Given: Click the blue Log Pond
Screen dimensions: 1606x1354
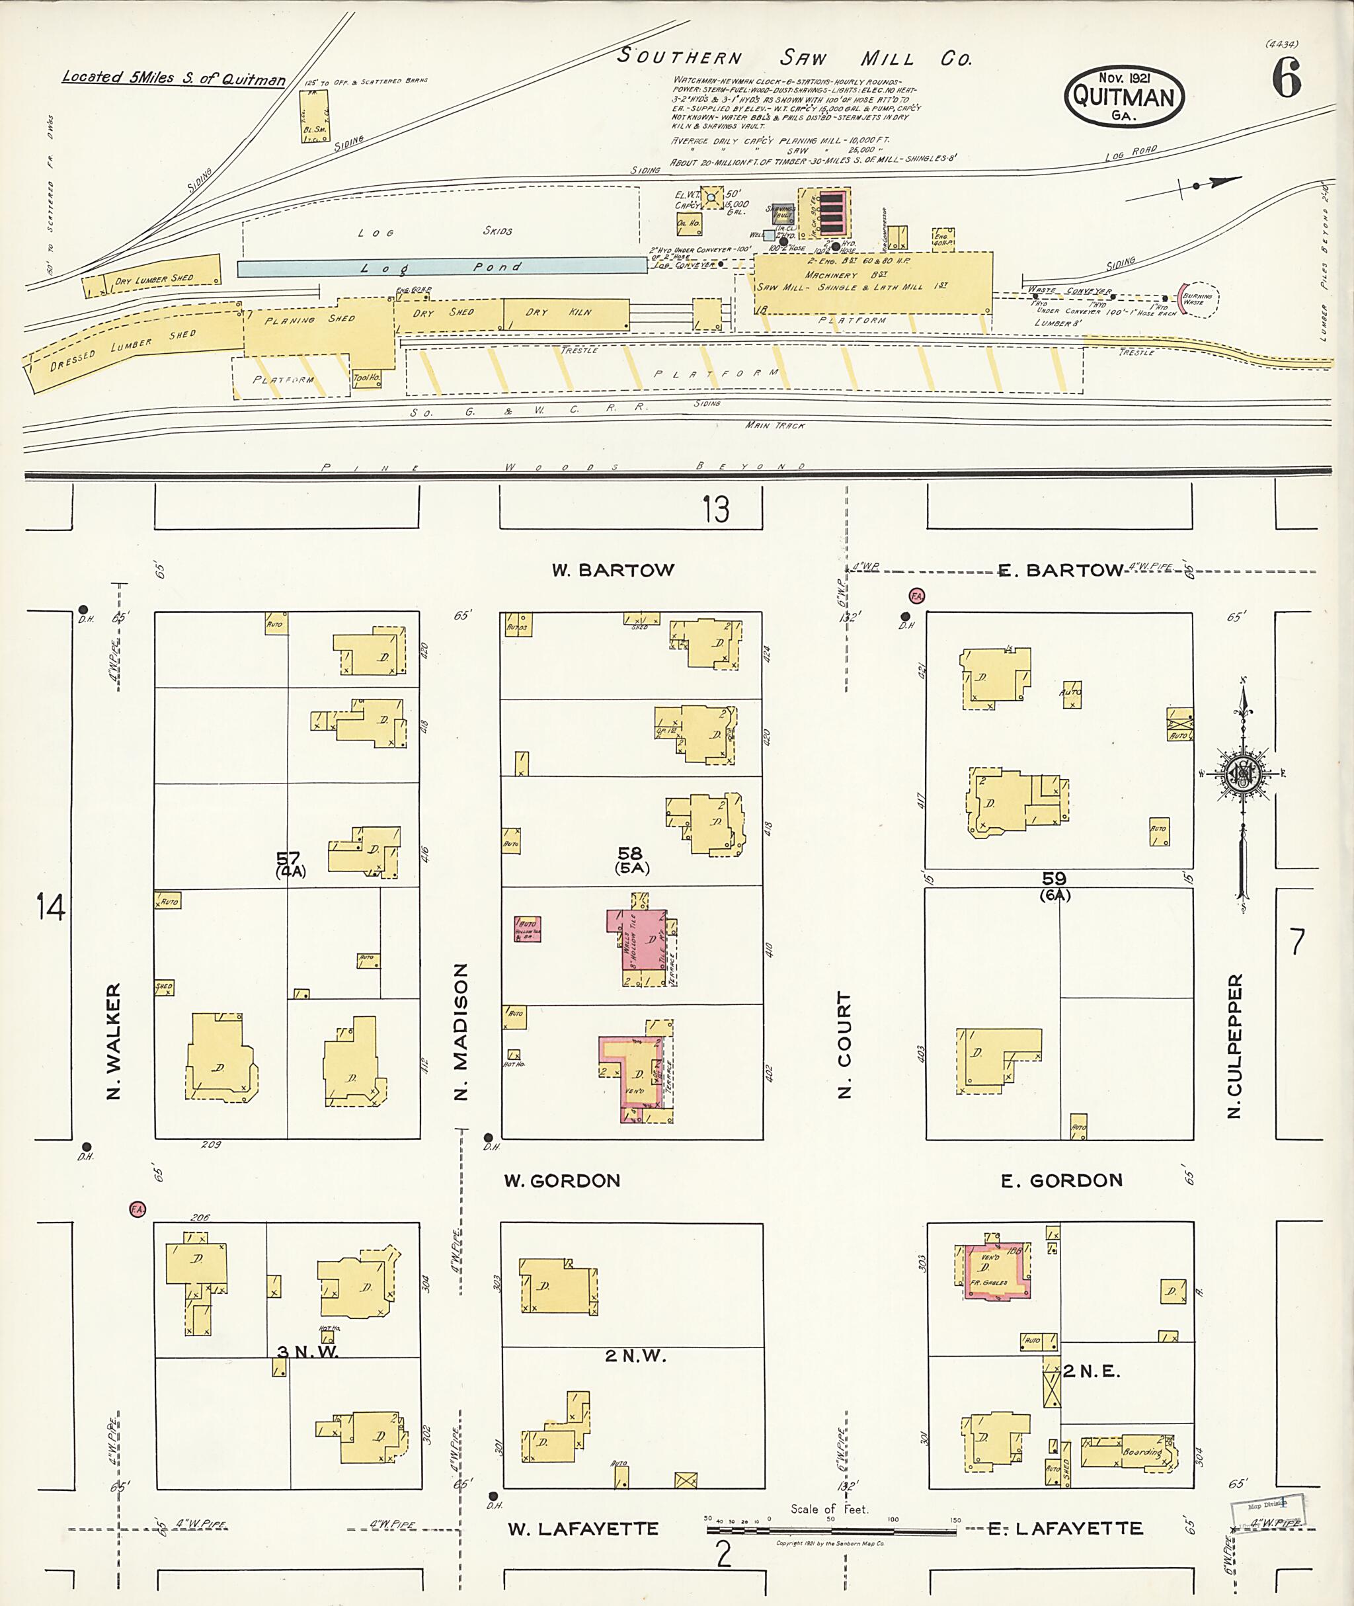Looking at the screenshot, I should (442, 267).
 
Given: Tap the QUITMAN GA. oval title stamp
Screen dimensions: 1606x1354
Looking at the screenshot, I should (1124, 97).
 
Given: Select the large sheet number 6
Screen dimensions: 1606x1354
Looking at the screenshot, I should (1287, 79).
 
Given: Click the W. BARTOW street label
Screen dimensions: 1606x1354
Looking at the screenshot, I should (612, 571).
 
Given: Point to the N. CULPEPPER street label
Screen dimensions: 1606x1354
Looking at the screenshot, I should (1234, 1047).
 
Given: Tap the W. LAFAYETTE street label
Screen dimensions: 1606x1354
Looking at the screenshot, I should (582, 1529).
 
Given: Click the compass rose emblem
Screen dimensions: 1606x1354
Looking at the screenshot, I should (1242, 774).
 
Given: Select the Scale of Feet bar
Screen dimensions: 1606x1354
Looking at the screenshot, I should (830, 1530).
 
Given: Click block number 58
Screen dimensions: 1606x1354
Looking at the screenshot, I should (629, 854).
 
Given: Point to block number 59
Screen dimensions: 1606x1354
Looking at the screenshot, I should (1054, 879).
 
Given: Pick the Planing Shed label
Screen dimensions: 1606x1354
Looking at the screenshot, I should (309, 319).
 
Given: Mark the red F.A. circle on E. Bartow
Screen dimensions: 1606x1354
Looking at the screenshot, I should (916, 596).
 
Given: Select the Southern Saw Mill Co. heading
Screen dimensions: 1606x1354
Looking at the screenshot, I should (795, 58).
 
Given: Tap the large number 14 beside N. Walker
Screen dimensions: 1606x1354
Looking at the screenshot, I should (51, 908).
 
